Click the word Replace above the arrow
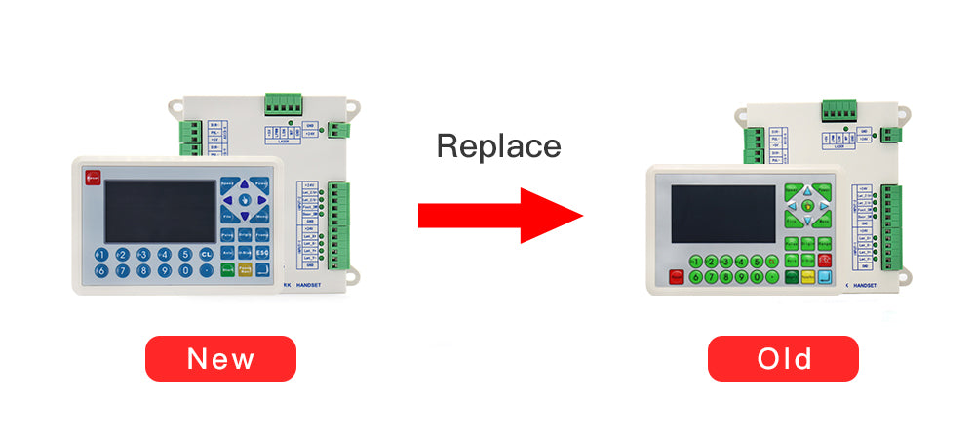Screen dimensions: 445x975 point(498,146)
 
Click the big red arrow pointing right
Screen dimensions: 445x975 point(500,216)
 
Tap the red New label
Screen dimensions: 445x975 point(220,358)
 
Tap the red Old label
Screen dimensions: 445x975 point(783,358)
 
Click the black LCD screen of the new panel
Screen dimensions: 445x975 point(161,210)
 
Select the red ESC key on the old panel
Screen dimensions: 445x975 point(825,260)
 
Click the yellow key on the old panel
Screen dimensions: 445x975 point(808,276)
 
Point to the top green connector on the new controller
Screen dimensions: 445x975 point(284,103)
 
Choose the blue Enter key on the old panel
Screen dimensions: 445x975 point(825,276)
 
